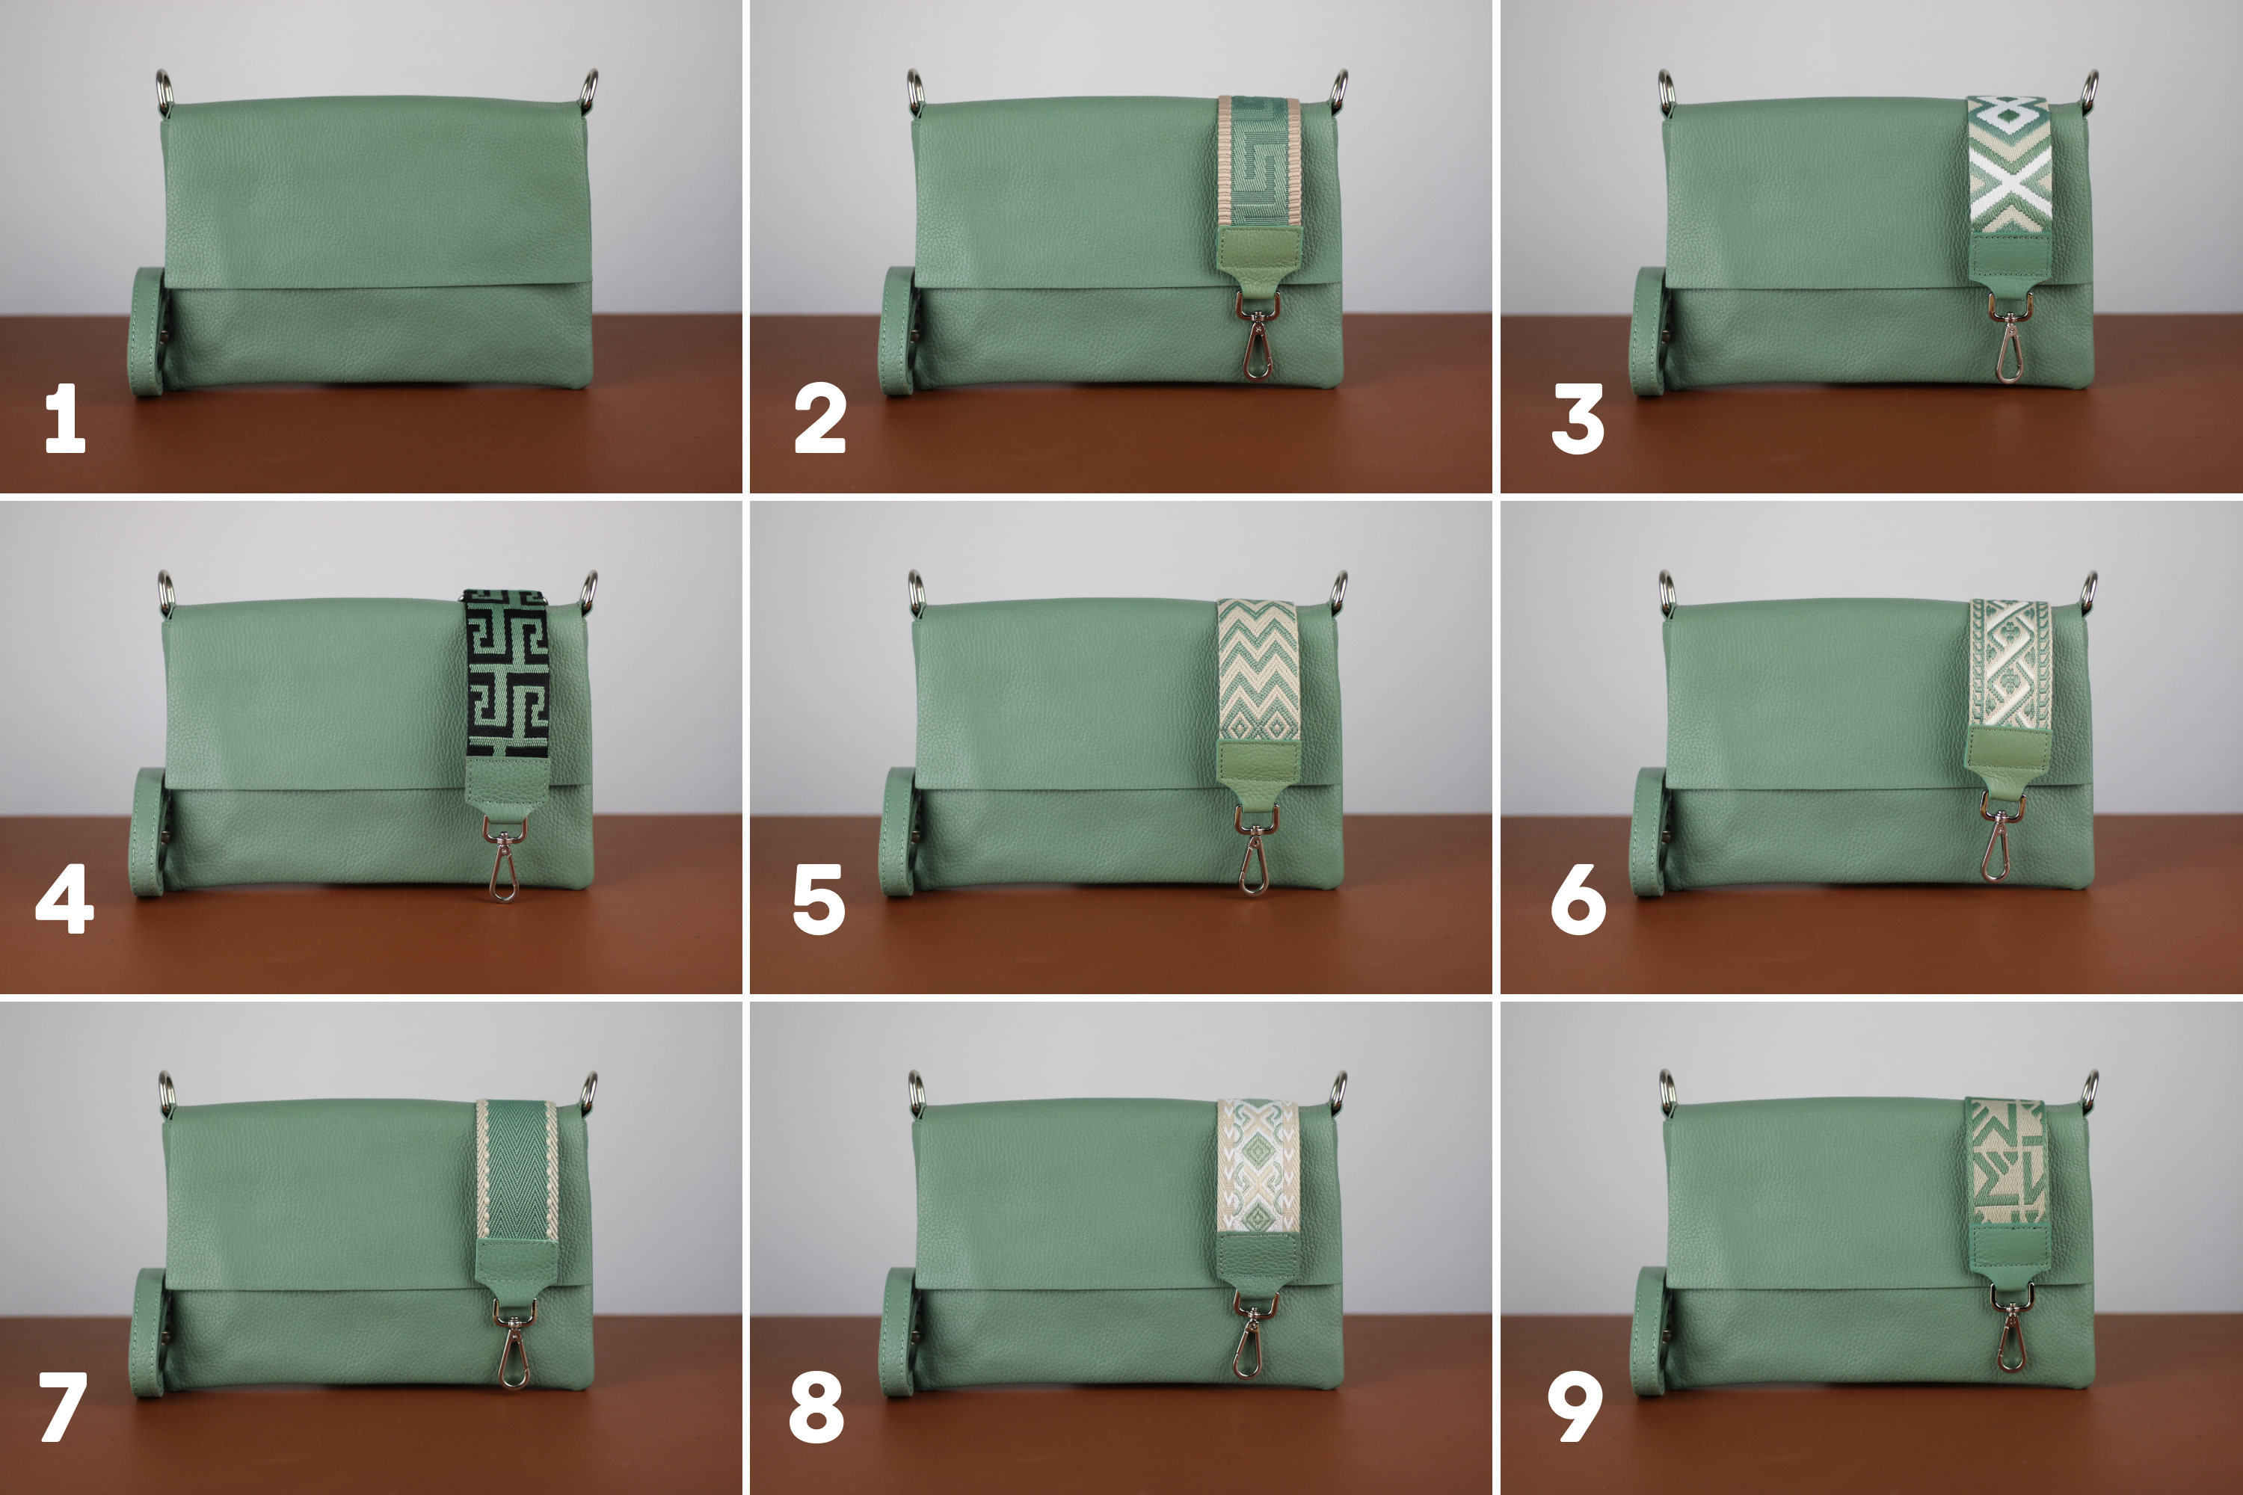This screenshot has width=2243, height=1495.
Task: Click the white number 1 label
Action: pyautogui.click(x=65, y=418)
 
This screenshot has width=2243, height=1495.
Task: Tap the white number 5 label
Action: pyautogui.click(x=818, y=899)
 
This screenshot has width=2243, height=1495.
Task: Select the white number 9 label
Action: pyautogui.click(x=1575, y=1406)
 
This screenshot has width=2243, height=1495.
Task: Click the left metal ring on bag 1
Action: pyautogui.click(x=163, y=90)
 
